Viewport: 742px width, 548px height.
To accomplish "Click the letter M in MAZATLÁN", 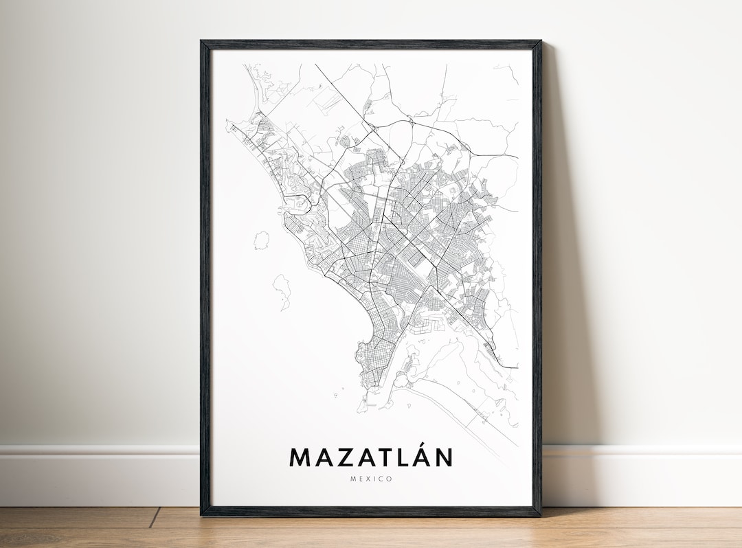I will [300, 457].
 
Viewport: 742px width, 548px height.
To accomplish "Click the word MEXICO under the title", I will [371, 479].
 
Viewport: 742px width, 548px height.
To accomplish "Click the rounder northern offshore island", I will [261, 240].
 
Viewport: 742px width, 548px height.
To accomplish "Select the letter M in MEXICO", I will [352, 479].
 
